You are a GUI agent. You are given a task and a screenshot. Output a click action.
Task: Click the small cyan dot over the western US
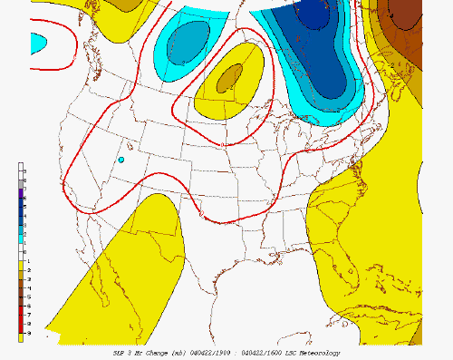pyautogui.click(x=120, y=160)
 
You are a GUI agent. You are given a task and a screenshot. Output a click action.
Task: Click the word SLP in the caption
pyautogui.click(x=119, y=352)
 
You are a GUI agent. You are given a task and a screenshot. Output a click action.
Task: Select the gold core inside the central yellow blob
pyautogui.click(x=228, y=79)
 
